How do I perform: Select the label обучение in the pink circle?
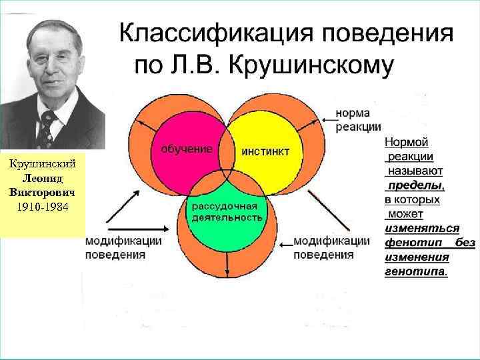[187, 149]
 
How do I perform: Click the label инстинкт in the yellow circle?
[265, 151]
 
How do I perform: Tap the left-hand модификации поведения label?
[123, 247]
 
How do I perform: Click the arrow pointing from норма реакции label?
[327, 119]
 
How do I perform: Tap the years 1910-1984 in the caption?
[43, 204]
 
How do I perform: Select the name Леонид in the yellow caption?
[43, 178]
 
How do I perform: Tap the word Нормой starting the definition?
[406, 142]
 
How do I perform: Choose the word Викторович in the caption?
[43, 191]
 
